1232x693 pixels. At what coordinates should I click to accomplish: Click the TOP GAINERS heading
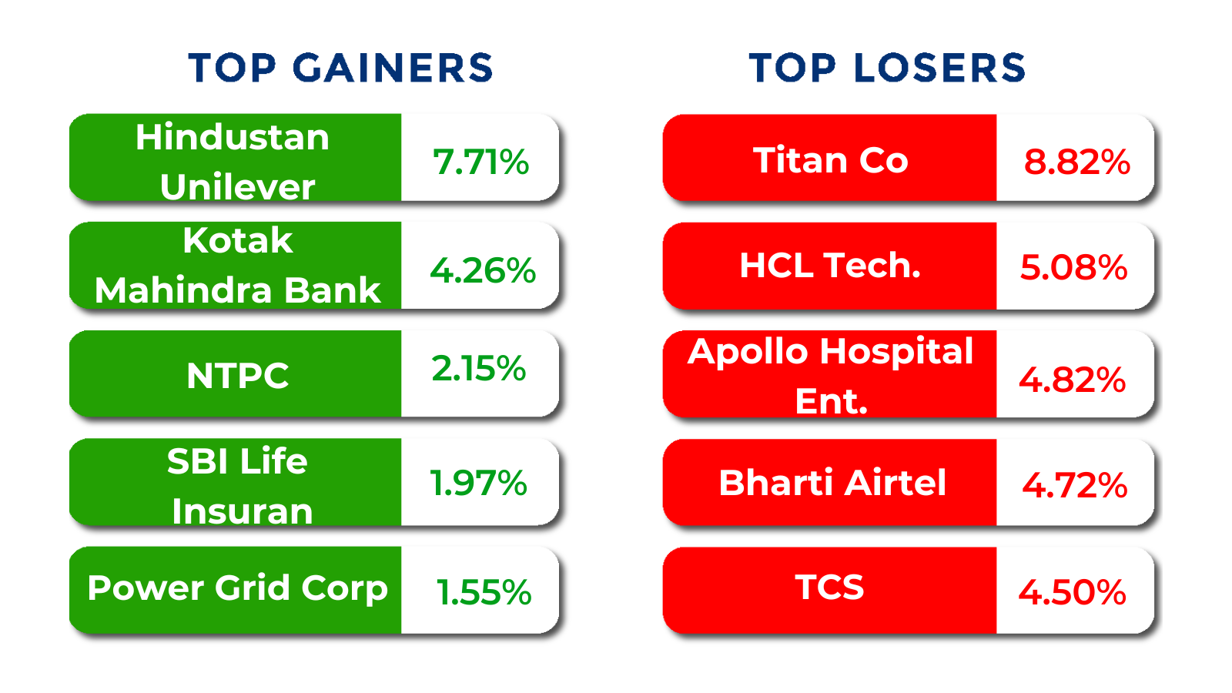(x=340, y=69)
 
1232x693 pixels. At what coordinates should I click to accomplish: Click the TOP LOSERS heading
(x=888, y=69)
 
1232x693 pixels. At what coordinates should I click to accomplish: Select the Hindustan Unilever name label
(x=233, y=162)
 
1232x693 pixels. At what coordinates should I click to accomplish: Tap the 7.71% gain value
(x=480, y=162)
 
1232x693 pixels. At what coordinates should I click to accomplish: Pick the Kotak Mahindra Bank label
(x=238, y=266)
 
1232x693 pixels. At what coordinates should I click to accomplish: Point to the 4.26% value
(x=483, y=270)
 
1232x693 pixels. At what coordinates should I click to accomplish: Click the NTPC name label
(x=238, y=376)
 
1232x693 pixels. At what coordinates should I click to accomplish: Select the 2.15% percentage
(x=478, y=369)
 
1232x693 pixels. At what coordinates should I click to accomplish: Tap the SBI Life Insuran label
(x=239, y=486)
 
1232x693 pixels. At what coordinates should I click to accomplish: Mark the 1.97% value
(x=478, y=484)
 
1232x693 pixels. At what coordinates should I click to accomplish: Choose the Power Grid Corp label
(x=238, y=589)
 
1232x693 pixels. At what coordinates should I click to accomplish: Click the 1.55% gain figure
(x=484, y=592)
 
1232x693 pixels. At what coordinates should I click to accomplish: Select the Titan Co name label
(x=831, y=161)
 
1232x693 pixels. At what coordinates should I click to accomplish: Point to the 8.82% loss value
(x=1077, y=162)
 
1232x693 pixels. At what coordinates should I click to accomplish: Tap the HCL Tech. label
(x=830, y=266)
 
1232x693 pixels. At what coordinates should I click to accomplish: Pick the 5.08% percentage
(x=1073, y=268)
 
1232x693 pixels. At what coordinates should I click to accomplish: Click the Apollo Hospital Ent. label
(x=831, y=376)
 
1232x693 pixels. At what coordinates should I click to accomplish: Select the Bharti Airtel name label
(x=832, y=483)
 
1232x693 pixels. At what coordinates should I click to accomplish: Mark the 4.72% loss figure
(x=1075, y=486)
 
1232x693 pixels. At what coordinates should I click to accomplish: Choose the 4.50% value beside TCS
(x=1073, y=592)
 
